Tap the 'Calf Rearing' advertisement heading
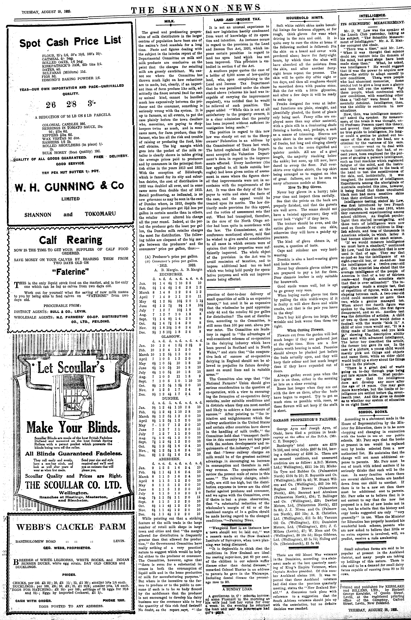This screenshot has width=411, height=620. pyautogui.click(x=71, y=240)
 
